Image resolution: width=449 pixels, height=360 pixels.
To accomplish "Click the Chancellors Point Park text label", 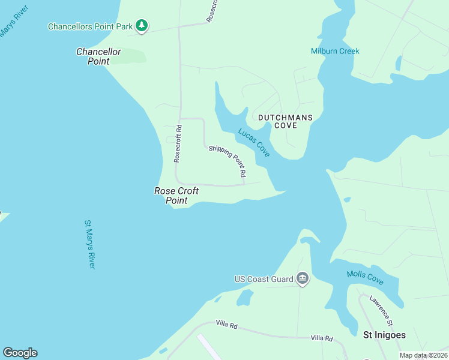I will click(91, 26).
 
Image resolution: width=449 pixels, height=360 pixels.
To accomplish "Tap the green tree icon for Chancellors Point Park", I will click(142, 25).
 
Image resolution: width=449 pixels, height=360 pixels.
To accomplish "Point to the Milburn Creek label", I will click(335, 51).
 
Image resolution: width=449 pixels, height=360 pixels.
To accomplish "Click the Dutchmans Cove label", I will click(285, 121).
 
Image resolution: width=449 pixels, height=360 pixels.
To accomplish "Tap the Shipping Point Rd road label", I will click(228, 160).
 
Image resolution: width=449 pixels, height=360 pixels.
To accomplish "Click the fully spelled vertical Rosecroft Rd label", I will click(178, 143).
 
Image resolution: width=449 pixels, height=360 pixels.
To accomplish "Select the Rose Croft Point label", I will click(176, 196).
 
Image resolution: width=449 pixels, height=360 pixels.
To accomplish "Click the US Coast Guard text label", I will click(264, 279).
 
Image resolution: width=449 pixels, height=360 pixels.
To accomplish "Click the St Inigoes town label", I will click(385, 335).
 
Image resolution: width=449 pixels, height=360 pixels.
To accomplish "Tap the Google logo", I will click(20, 353).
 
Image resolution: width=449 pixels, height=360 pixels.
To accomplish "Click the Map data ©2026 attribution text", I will click(423, 355).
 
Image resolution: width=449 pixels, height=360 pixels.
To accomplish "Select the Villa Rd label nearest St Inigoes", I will click(322, 338).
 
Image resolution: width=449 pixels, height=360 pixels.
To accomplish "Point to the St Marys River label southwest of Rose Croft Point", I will click(90, 244).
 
